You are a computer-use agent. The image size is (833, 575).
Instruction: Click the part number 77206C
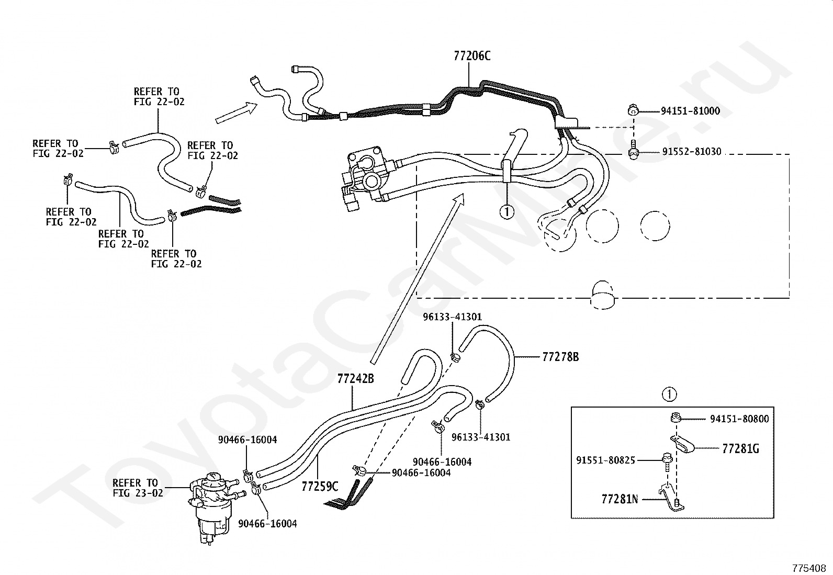[472, 56]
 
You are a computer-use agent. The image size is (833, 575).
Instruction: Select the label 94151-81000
[690, 111]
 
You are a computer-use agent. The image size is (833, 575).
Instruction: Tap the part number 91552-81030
[692, 152]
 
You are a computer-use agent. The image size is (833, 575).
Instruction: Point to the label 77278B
[560, 357]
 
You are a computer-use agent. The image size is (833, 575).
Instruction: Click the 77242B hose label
[355, 379]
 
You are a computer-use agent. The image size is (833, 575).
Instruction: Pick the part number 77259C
[320, 486]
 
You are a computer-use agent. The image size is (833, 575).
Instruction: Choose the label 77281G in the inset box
[741, 448]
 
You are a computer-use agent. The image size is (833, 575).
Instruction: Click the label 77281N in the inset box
[620, 499]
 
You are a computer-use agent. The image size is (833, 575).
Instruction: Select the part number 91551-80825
[606, 460]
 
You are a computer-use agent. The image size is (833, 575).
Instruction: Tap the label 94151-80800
[740, 419]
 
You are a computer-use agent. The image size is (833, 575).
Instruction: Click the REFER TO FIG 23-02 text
[138, 488]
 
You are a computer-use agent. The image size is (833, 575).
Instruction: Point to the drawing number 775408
[809, 568]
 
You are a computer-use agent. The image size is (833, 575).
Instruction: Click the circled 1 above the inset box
[669, 394]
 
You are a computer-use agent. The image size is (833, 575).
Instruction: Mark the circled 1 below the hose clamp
[507, 212]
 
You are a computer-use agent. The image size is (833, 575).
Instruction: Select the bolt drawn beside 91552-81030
[633, 150]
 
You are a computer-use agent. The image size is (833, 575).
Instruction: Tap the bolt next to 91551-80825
[667, 461]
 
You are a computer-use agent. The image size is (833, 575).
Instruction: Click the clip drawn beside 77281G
[683, 444]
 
